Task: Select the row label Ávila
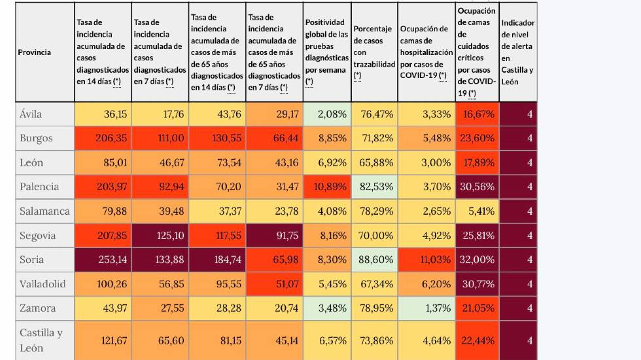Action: pyautogui.click(x=31, y=114)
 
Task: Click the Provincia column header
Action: pyautogui.click(x=35, y=52)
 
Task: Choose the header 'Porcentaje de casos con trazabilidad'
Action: pyautogui.click(x=374, y=52)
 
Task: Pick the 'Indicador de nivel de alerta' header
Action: pyautogui.click(x=517, y=52)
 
